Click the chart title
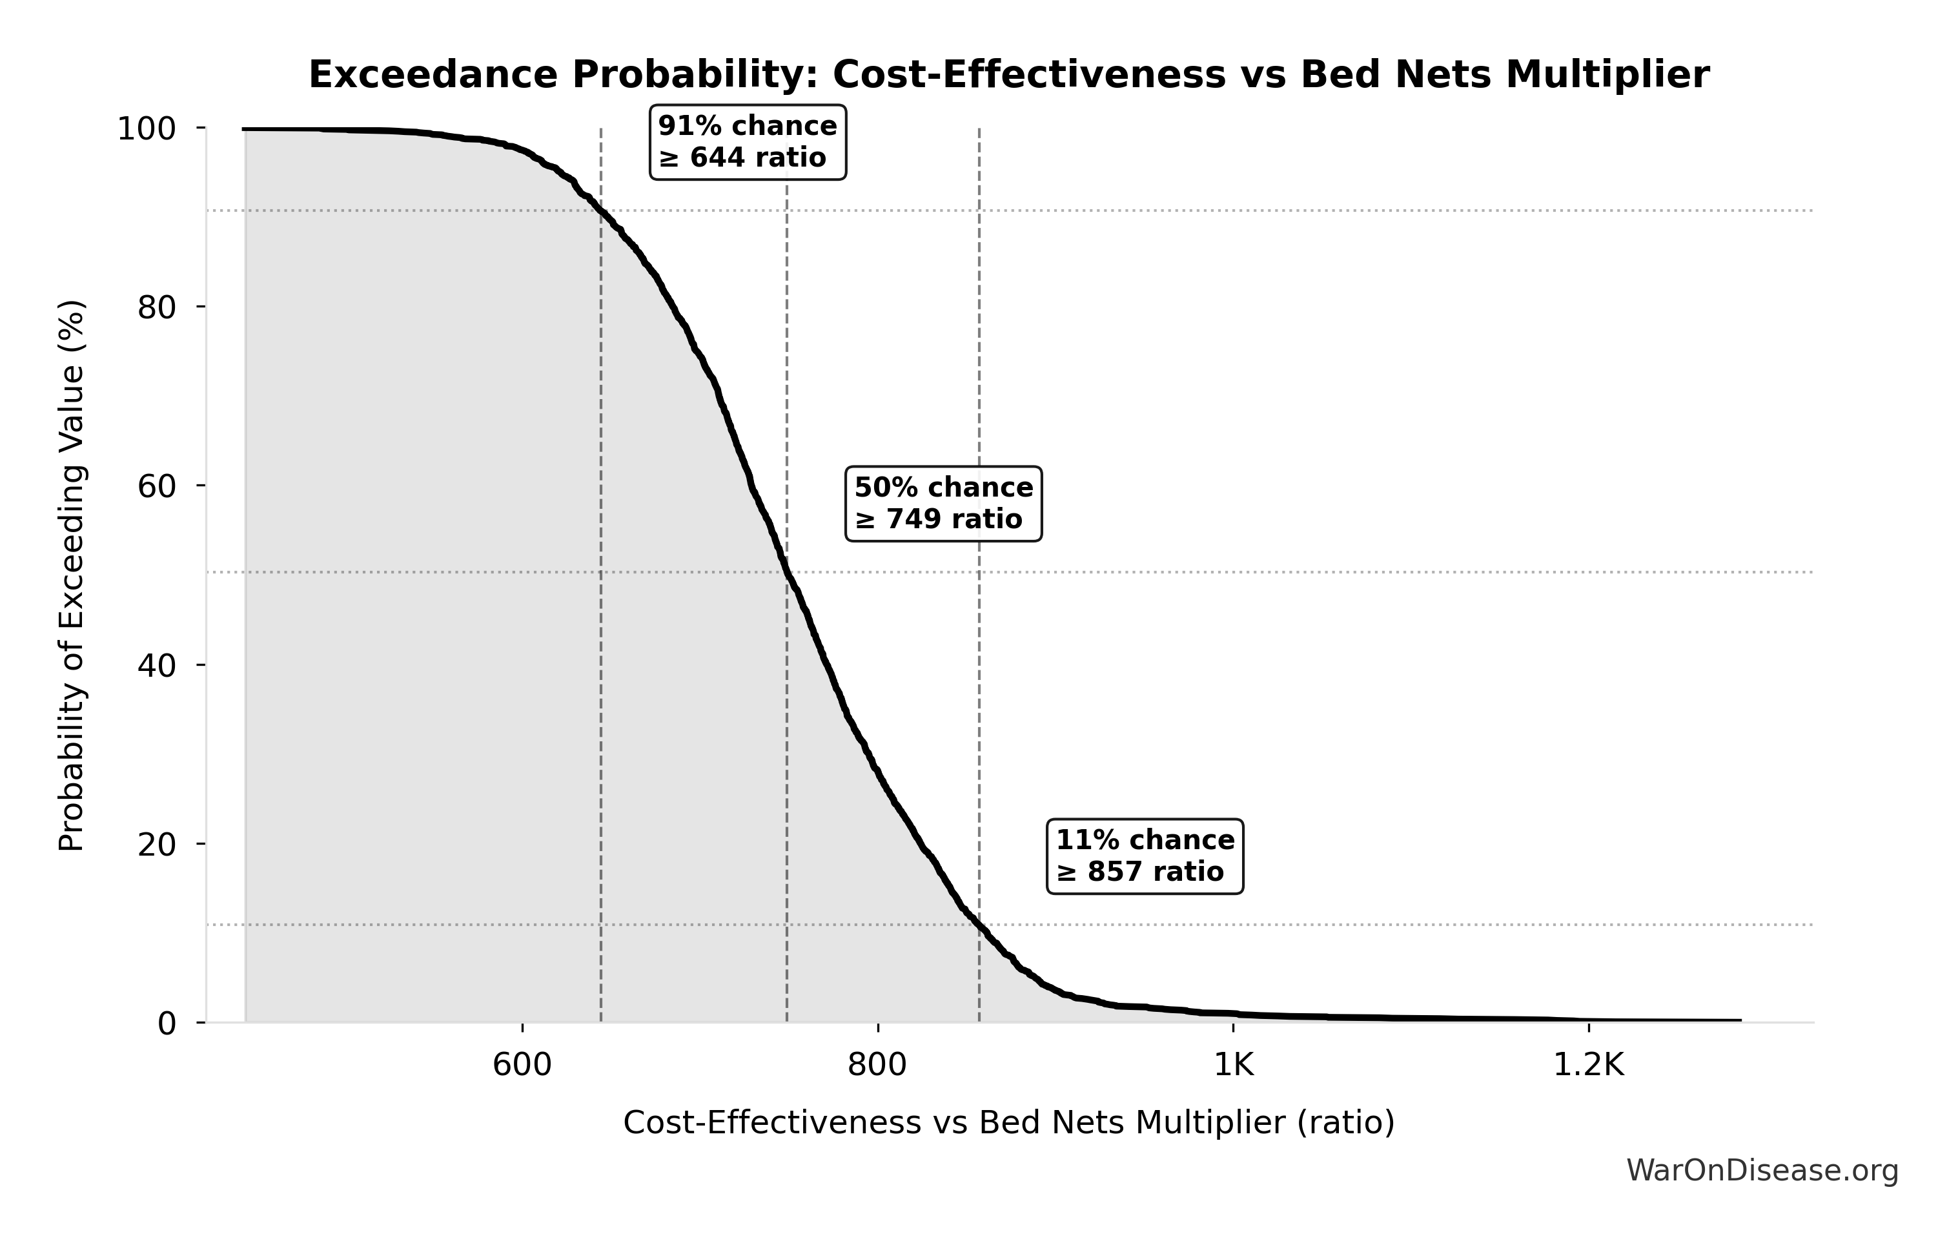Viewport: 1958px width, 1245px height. click(x=1008, y=76)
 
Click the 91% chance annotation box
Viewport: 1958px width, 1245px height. click(x=748, y=141)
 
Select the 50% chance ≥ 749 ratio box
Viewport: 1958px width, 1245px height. click(x=943, y=504)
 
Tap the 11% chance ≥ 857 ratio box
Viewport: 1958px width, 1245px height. click(x=1145, y=856)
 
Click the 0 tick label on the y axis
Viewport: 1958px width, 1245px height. click(x=167, y=1024)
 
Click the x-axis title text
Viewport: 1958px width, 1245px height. click(x=1008, y=1123)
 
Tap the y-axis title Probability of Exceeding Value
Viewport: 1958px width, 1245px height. click(x=72, y=576)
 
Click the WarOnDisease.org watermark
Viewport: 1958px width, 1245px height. click(x=1762, y=1171)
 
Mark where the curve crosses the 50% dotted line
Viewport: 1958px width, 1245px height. click(x=787, y=573)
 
